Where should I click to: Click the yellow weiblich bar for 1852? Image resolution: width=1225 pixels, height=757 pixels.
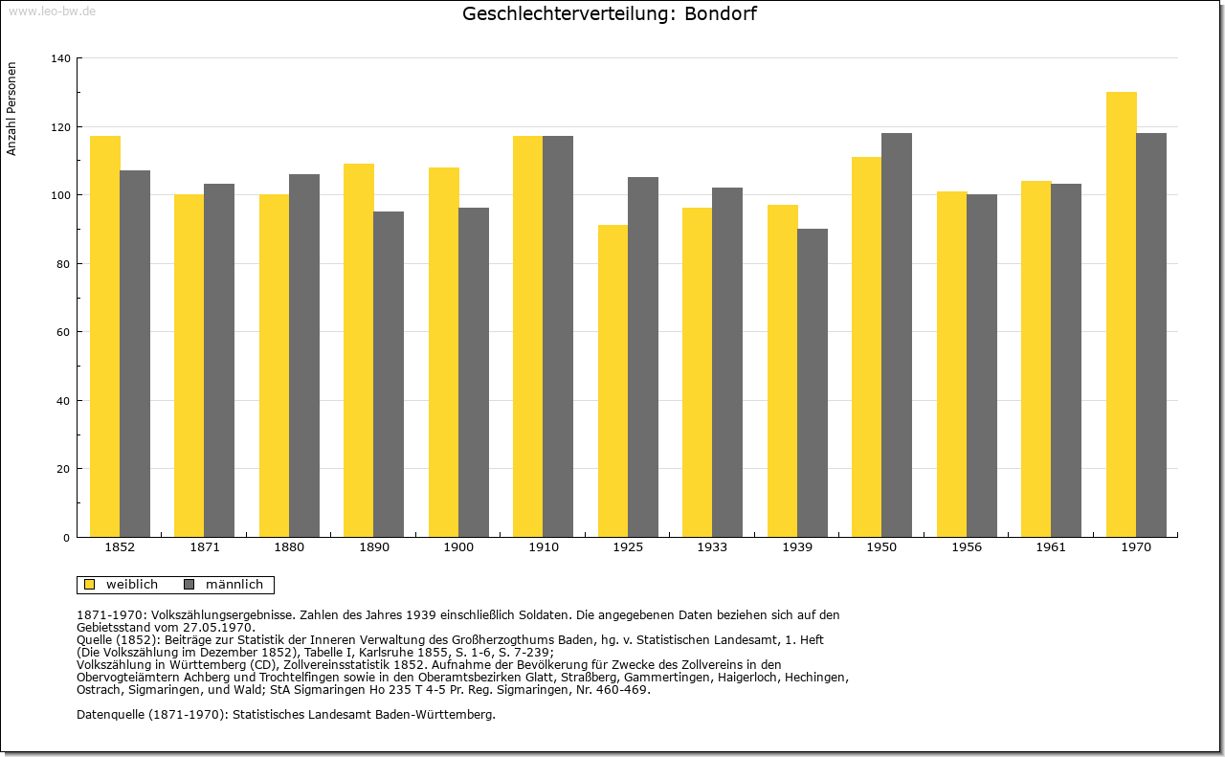coord(104,336)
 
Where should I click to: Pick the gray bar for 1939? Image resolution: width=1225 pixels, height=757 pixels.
coord(813,383)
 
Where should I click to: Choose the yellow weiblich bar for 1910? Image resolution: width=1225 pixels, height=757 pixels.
coord(527,336)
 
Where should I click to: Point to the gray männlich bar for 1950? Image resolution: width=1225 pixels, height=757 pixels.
coord(897,335)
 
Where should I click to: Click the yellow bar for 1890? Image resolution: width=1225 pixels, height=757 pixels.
coord(358,350)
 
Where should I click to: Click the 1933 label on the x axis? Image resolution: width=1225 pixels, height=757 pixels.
coord(712,547)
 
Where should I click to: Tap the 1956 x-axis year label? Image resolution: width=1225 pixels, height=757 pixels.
coord(967,547)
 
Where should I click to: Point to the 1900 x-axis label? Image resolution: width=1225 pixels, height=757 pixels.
coord(458,547)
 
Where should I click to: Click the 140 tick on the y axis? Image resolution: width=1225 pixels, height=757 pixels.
coord(61,58)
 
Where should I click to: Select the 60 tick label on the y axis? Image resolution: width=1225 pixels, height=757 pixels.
coord(64,332)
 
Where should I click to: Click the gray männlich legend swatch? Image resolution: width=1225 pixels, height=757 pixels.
coord(189,585)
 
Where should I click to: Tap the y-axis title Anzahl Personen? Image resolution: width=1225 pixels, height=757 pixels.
coord(12,109)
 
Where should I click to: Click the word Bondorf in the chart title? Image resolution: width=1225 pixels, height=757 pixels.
coord(721,14)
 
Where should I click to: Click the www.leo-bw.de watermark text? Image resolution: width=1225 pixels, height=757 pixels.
coord(52,11)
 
